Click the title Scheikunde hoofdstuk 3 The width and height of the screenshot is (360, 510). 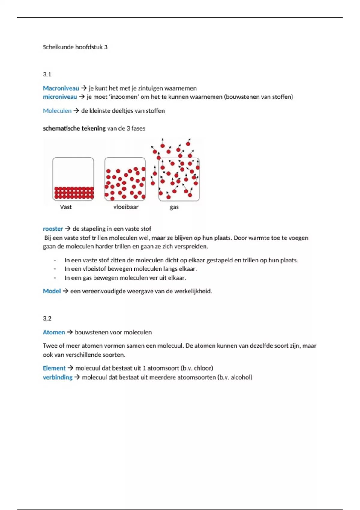(75, 47)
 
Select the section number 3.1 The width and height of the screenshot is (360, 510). (47, 74)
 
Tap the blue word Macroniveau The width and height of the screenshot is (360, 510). (61, 88)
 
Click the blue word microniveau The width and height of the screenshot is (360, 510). (60, 97)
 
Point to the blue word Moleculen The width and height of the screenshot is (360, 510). (57, 111)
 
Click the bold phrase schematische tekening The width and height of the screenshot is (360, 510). (74, 128)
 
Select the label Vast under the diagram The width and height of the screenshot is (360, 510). (66, 207)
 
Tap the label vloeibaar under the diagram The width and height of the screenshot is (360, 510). (126, 207)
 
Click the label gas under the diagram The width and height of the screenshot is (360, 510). (174, 207)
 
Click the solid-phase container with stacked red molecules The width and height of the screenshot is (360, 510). (73, 179)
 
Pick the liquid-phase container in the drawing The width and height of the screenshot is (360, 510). (125, 179)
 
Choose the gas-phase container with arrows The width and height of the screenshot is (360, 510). (179, 179)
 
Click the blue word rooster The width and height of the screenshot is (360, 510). (53, 229)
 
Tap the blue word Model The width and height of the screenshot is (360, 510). (52, 291)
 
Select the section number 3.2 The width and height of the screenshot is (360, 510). (47, 319)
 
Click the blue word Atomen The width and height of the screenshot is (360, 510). (54, 332)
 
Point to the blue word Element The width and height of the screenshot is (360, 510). (54, 368)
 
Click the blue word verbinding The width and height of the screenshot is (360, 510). (58, 377)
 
